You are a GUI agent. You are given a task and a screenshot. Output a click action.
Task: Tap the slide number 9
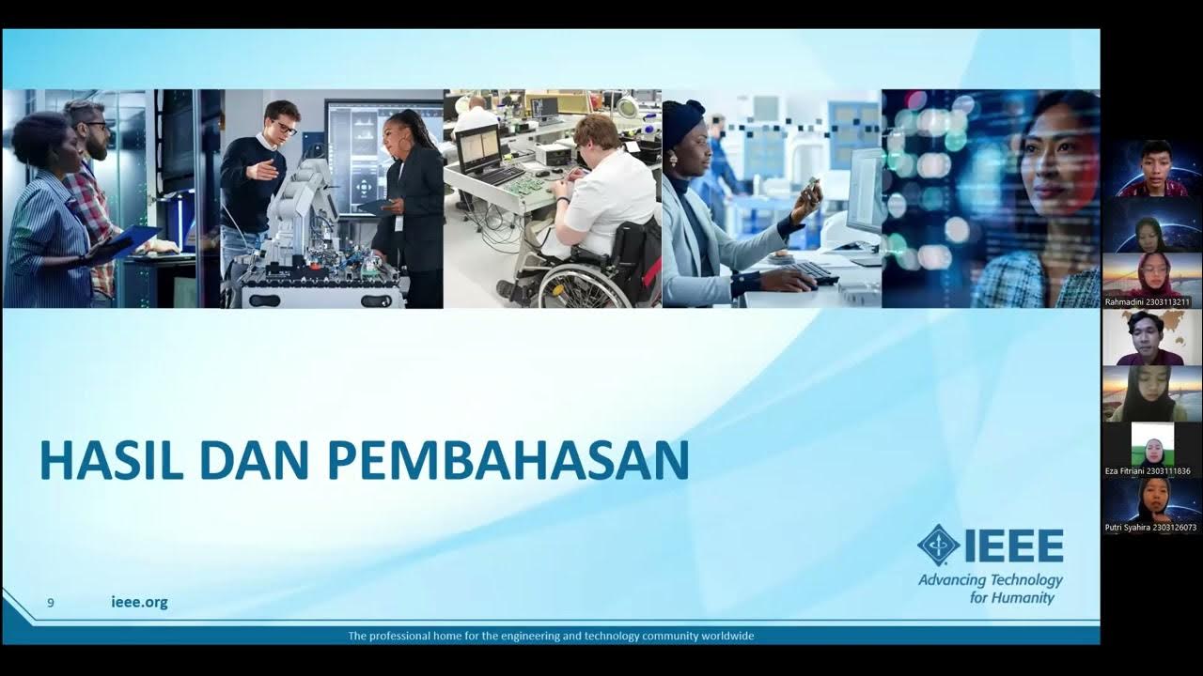[x=51, y=603]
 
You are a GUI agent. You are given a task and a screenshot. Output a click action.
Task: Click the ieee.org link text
[x=139, y=603]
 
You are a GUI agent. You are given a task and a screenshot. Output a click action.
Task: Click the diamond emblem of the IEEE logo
[x=938, y=545]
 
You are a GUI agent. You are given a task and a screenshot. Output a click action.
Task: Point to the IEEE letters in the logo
[x=1013, y=545]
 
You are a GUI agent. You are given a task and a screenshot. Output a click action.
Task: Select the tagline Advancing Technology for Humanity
[x=991, y=589]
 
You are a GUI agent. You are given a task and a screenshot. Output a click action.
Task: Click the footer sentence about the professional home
[x=551, y=636]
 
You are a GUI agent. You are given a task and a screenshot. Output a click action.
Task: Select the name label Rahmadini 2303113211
[x=1148, y=302]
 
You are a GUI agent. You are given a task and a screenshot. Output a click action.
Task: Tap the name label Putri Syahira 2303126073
[x=1150, y=528]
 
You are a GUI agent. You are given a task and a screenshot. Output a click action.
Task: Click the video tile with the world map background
[x=1152, y=337]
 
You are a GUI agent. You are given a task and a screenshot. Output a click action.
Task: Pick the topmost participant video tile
[x=1152, y=168]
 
